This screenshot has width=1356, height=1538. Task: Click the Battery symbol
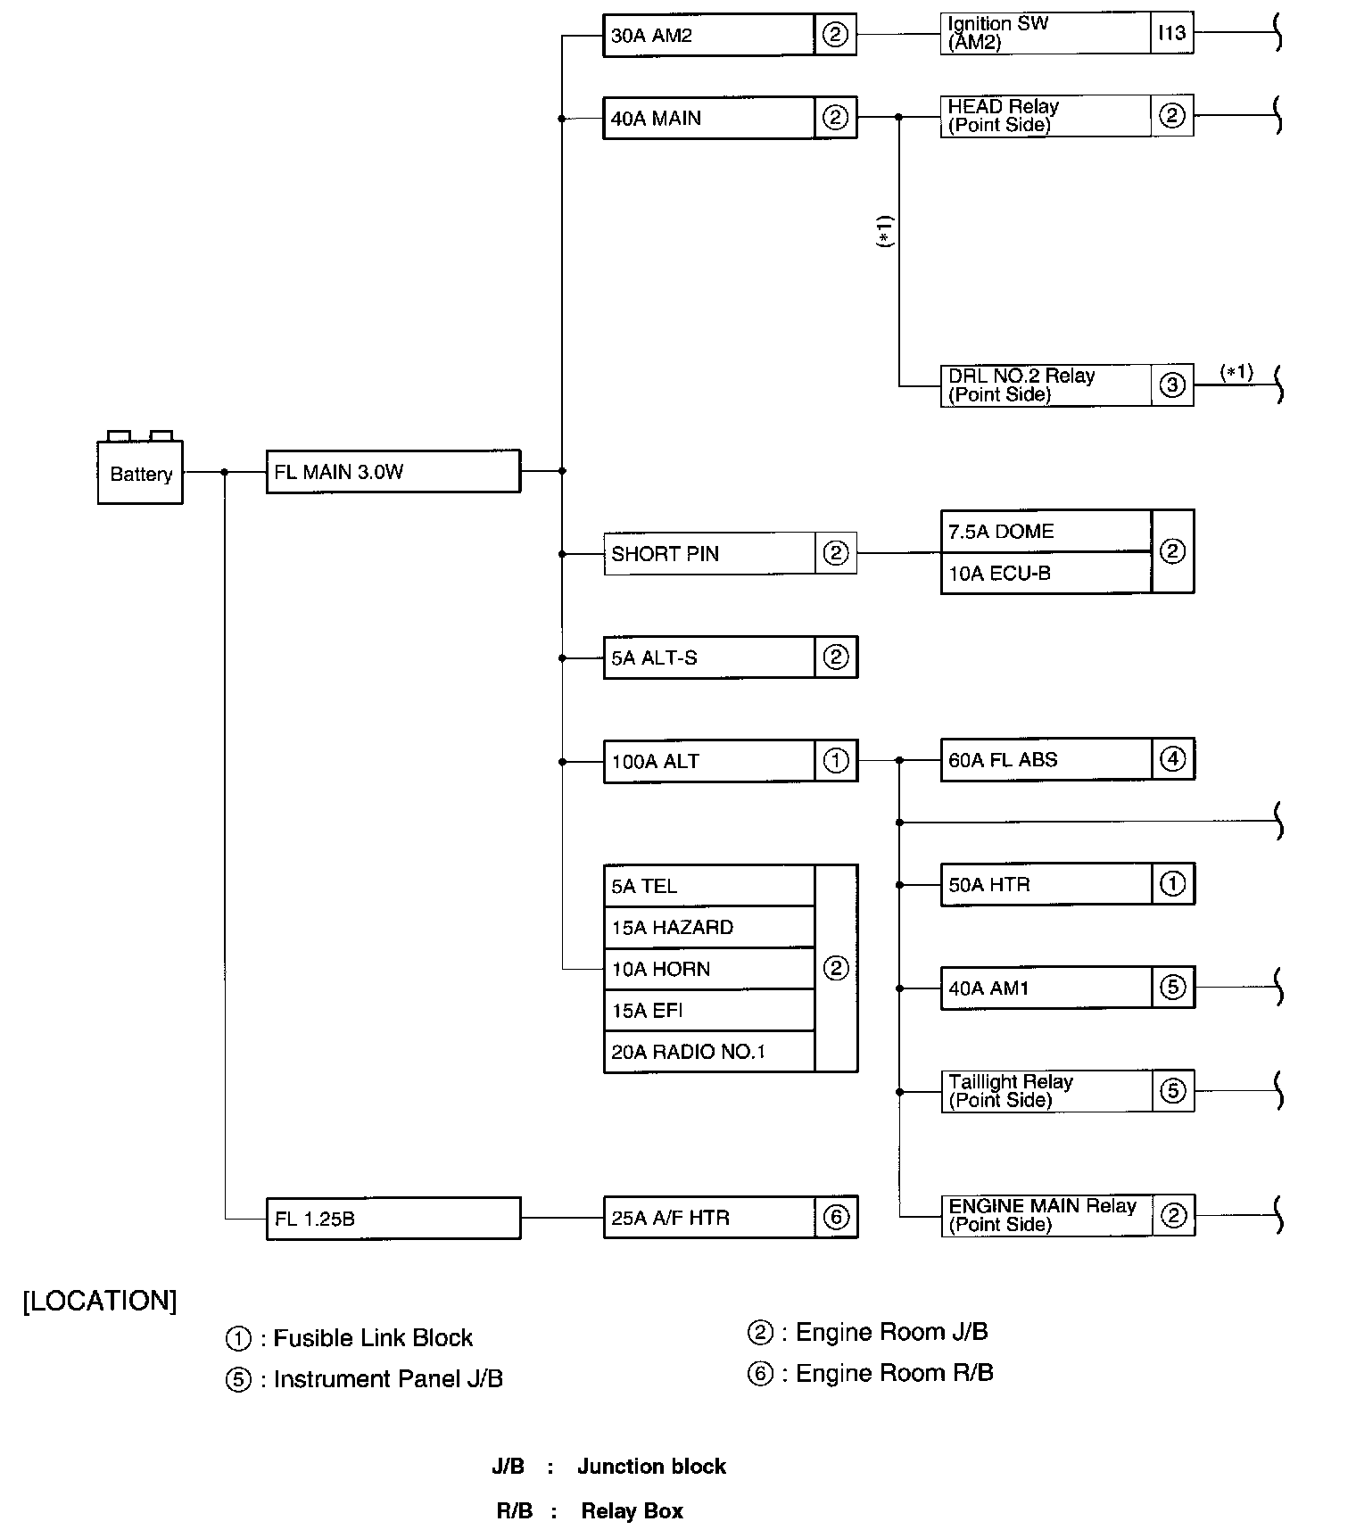tap(140, 472)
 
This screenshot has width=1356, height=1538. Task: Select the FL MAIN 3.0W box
tap(393, 472)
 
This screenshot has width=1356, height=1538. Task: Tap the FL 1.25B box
tap(393, 1219)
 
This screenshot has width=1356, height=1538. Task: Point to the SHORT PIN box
tap(709, 554)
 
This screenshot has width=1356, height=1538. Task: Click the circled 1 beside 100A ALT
tap(836, 762)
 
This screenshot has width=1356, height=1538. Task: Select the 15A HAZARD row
tap(709, 928)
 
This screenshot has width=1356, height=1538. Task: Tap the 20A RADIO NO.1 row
tap(709, 1052)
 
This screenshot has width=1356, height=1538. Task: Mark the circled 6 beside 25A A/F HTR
tap(836, 1218)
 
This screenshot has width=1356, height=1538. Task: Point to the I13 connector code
tap(1171, 34)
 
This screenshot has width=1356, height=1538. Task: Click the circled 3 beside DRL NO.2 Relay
tap(1172, 385)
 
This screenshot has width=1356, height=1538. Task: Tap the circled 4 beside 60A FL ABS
tap(1172, 760)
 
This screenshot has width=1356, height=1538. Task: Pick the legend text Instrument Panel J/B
tap(388, 1379)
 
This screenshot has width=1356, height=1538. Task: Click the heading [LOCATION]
tap(100, 1301)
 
